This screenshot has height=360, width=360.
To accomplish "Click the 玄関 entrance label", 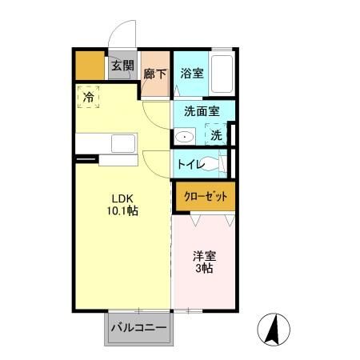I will click(x=122, y=66).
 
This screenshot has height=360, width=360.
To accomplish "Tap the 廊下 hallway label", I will click(x=155, y=74).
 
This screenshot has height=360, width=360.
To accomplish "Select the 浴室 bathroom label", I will click(x=191, y=74).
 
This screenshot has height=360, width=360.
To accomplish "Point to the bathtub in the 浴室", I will click(x=222, y=74).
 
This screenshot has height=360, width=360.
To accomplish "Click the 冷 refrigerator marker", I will click(x=88, y=97).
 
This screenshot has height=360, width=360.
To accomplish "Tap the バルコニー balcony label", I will click(x=138, y=328).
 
